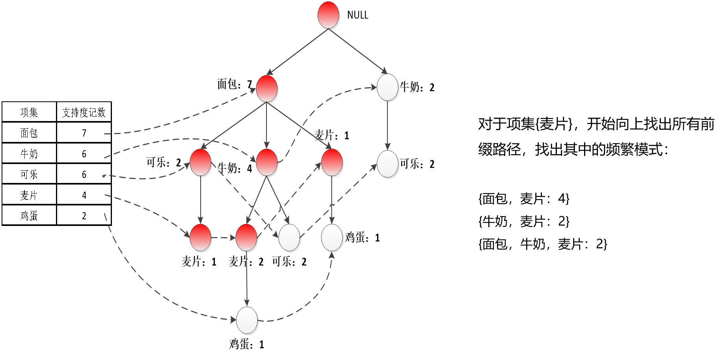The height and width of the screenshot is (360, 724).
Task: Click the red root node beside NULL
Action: (x=328, y=15)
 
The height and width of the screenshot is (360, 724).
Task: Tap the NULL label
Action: (x=357, y=15)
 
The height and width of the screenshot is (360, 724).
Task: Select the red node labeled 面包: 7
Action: (x=267, y=88)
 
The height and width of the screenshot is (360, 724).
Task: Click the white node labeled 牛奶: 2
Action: (x=387, y=88)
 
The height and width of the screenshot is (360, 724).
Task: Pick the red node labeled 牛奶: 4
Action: (x=267, y=162)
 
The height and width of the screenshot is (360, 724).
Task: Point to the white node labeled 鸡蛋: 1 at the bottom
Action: (x=247, y=320)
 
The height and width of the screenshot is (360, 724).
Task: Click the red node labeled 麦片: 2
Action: (x=247, y=238)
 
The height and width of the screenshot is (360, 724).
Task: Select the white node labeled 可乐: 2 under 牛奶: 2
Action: (x=387, y=164)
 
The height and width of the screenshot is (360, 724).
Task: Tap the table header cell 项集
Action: (x=29, y=112)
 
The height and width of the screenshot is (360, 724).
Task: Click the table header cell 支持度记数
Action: (x=84, y=112)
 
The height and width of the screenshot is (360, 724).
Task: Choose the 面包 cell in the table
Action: (x=29, y=133)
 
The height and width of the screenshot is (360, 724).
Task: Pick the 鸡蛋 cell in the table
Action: (x=29, y=215)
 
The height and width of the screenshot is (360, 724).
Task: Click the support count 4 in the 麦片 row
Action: (x=84, y=195)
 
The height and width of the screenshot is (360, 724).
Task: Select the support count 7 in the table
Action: (x=84, y=133)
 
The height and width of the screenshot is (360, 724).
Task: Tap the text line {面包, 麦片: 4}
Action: (x=524, y=198)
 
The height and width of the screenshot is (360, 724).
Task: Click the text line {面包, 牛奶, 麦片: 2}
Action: (x=543, y=244)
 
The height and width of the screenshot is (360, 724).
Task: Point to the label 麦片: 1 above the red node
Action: (x=331, y=136)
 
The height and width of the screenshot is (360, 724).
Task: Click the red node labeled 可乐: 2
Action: (x=201, y=162)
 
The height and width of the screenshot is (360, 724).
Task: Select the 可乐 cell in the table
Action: (x=29, y=174)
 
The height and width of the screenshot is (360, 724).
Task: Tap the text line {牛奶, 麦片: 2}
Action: (x=524, y=221)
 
